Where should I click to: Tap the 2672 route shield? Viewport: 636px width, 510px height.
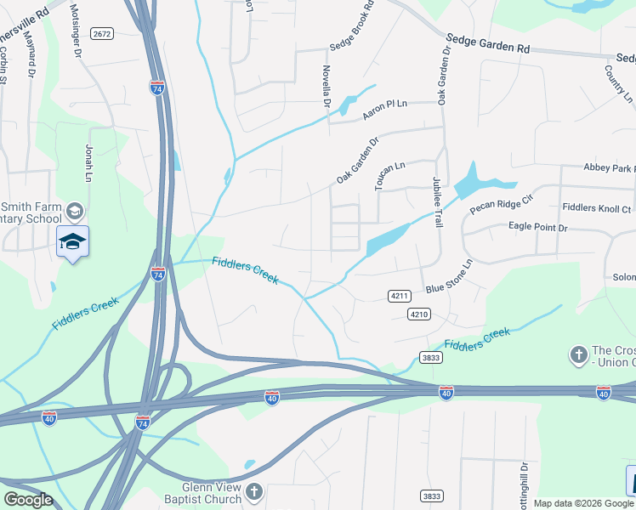[x=102, y=34]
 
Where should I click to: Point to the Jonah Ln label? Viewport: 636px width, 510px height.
[x=88, y=164]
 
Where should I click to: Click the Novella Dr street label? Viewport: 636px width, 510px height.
[x=326, y=86]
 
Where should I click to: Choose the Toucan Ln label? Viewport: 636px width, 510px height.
[x=390, y=174]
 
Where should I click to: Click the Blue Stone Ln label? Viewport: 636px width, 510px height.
[x=448, y=277]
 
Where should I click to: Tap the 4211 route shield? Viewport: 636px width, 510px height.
[x=399, y=296]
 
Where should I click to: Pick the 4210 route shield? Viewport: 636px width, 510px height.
[x=417, y=314]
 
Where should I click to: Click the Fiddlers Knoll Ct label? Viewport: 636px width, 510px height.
[x=597, y=208]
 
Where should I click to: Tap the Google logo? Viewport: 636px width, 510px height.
[x=28, y=500]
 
